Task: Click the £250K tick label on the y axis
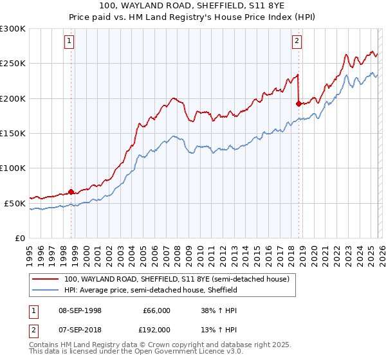(13, 64)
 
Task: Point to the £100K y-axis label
(13, 168)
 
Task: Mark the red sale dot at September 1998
(71, 191)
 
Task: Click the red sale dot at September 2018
(298, 104)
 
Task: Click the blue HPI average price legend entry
(151, 290)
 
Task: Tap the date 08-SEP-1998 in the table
(80, 310)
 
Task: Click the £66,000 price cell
(156, 310)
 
